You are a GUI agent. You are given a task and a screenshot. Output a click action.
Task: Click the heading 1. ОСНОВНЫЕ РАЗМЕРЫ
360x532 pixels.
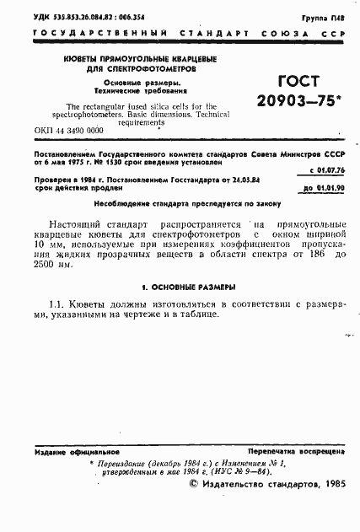182,287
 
